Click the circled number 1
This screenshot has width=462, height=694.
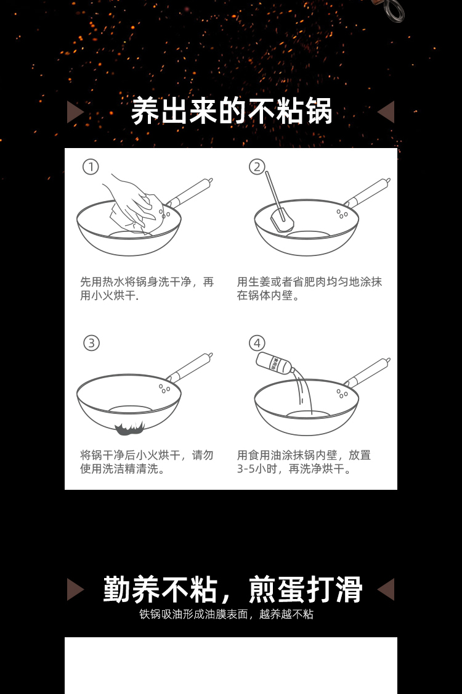click(x=91, y=167)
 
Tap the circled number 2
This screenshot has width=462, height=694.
click(x=257, y=167)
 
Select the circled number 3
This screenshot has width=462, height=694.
click(x=91, y=343)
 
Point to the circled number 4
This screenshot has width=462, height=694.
click(x=257, y=343)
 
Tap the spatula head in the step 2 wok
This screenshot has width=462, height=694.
click(x=282, y=220)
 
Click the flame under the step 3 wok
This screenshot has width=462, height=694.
click(x=129, y=429)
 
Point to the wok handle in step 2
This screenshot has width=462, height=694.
click(x=367, y=192)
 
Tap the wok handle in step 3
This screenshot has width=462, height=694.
click(x=190, y=368)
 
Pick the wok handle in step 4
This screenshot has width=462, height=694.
click(x=367, y=372)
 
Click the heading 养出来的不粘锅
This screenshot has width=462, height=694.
click(x=231, y=111)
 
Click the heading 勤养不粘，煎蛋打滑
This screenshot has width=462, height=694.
click(x=233, y=589)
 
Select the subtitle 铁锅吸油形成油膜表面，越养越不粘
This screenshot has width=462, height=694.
click(x=226, y=614)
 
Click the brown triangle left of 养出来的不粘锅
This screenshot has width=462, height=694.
click(x=75, y=112)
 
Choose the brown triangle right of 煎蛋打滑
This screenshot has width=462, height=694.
click(x=386, y=589)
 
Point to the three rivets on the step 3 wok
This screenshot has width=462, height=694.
click(x=164, y=389)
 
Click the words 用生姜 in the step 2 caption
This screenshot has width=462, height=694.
click(x=253, y=282)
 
